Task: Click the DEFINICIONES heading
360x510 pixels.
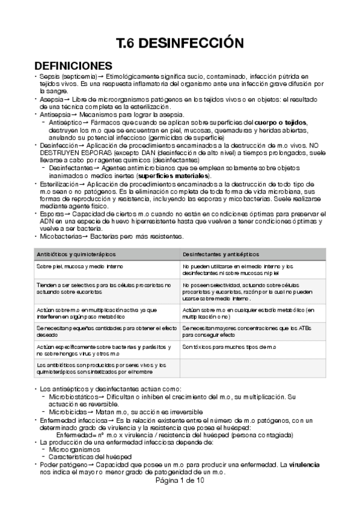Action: tap(73, 65)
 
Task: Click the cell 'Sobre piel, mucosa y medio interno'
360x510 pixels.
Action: tap(75, 265)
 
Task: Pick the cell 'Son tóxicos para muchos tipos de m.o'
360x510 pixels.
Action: tap(229, 347)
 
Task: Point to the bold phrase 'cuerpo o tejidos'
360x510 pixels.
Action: tap(281, 122)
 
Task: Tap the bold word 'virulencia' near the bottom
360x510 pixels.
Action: tap(304, 465)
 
